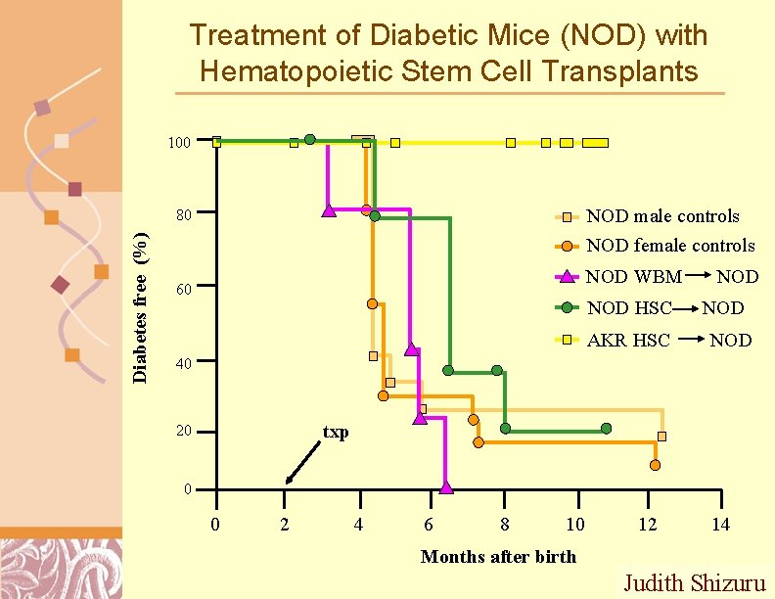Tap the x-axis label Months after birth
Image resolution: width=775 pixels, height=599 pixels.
coord(498,557)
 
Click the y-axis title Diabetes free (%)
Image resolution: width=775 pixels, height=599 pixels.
coord(141,305)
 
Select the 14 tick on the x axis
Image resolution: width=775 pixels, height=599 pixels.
coord(720,526)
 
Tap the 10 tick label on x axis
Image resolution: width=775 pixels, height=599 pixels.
coord(575,526)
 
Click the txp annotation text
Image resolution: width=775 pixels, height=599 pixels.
coord(336,433)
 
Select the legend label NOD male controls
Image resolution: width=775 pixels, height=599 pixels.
coord(662,216)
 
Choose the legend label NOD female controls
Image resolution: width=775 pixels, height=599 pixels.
coord(670,246)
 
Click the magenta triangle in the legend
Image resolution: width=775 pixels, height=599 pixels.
coord(568,276)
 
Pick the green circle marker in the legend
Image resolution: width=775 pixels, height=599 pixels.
coord(568,307)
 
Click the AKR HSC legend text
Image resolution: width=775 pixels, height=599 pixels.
coord(628,341)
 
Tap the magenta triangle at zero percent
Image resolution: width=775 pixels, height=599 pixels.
coord(446,486)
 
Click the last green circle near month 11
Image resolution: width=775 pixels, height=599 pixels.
coord(607,429)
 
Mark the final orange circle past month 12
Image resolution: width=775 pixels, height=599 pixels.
coord(655,465)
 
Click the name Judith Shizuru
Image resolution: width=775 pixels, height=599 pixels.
coord(695,583)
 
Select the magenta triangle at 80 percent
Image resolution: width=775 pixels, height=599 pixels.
coord(329,210)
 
